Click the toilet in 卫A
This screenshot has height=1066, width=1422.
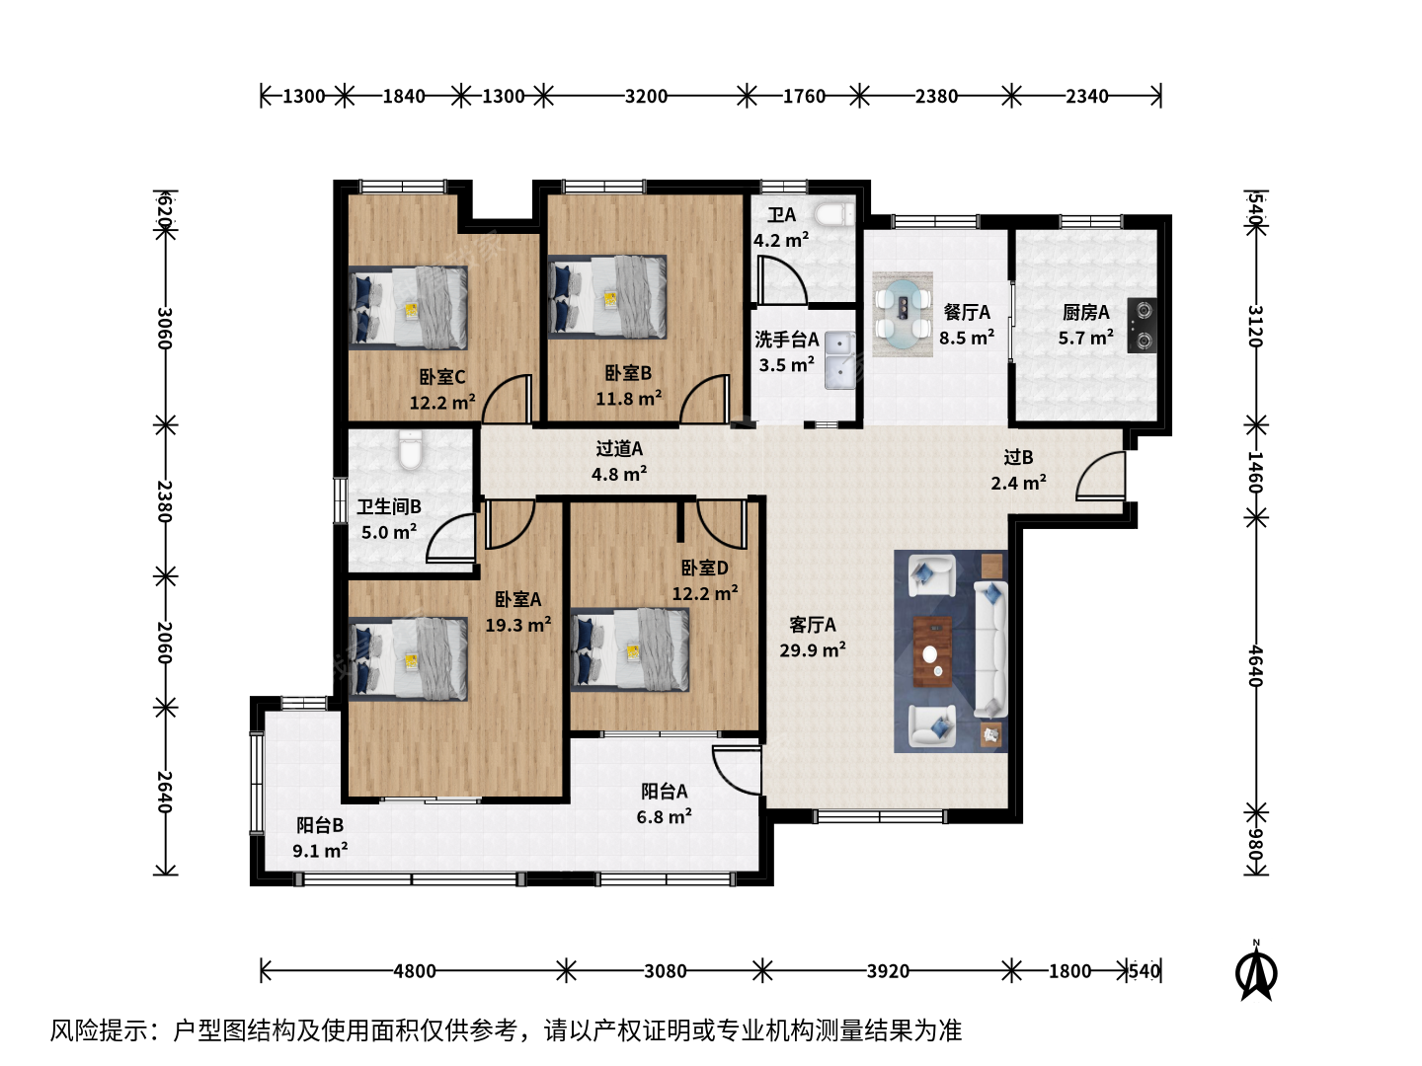click(x=833, y=214)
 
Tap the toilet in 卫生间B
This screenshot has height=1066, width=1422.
click(x=410, y=448)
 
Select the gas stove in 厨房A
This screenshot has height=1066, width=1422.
click(x=1143, y=326)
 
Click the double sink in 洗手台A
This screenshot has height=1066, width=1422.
click(x=840, y=360)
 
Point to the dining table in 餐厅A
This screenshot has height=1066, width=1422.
click(x=903, y=315)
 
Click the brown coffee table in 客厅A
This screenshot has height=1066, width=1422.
click(x=932, y=651)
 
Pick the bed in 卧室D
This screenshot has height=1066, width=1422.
click(x=630, y=649)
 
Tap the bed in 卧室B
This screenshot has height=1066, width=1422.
click(x=607, y=297)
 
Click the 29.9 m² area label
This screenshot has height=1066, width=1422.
click(x=813, y=649)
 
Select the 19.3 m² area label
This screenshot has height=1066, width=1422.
click(x=518, y=625)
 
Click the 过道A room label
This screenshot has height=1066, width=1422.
click(x=619, y=448)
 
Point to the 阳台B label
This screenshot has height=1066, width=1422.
click(x=319, y=825)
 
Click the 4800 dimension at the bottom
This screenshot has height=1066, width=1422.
click(x=415, y=971)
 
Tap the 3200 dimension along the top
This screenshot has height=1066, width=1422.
click(x=646, y=96)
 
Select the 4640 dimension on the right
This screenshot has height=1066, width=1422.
click(x=1255, y=666)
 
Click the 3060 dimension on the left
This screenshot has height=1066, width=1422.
click(x=165, y=328)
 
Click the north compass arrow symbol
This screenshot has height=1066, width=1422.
click(x=1256, y=972)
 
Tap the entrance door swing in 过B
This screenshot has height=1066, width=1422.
click(x=1101, y=476)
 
